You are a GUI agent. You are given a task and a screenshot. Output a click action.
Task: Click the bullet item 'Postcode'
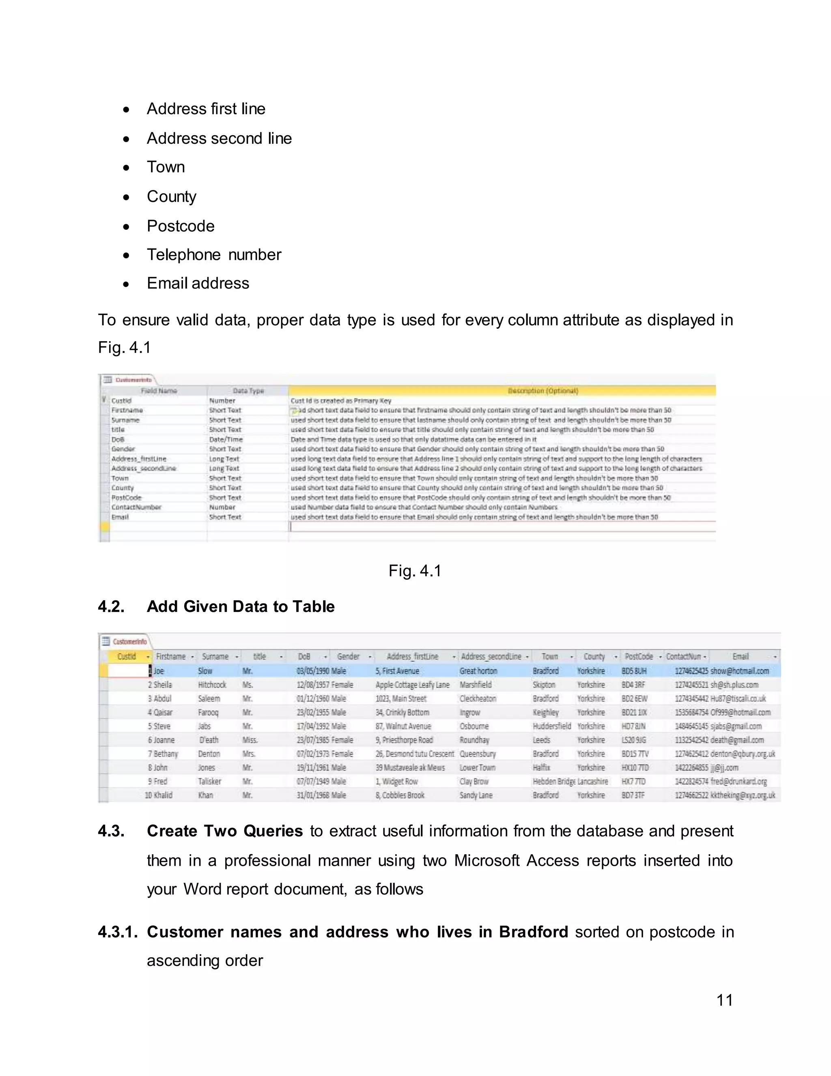(180, 226)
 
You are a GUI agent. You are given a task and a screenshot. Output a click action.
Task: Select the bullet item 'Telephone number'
(214, 255)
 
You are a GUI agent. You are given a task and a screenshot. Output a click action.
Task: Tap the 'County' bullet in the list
(171, 197)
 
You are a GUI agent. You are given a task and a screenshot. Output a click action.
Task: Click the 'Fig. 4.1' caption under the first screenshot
(415, 570)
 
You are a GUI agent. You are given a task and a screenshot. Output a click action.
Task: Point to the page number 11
(724, 1000)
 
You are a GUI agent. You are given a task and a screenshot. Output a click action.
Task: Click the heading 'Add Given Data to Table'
(240, 607)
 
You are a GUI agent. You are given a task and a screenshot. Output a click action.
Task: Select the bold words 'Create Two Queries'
(224, 831)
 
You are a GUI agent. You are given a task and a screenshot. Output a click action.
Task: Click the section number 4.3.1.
(118, 932)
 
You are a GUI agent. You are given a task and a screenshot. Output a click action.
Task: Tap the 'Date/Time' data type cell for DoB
(226, 439)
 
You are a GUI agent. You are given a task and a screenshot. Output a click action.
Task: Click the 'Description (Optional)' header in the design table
(543, 391)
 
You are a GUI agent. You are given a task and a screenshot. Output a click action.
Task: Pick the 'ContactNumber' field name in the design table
(136, 508)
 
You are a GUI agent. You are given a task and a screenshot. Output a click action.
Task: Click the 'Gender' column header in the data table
(348, 656)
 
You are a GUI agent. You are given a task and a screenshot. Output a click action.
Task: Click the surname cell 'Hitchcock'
(212, 685)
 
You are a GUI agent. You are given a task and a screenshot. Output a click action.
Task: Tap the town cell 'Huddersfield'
(551, 726)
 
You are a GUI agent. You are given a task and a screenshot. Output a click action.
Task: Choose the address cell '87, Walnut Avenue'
(403, 726)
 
